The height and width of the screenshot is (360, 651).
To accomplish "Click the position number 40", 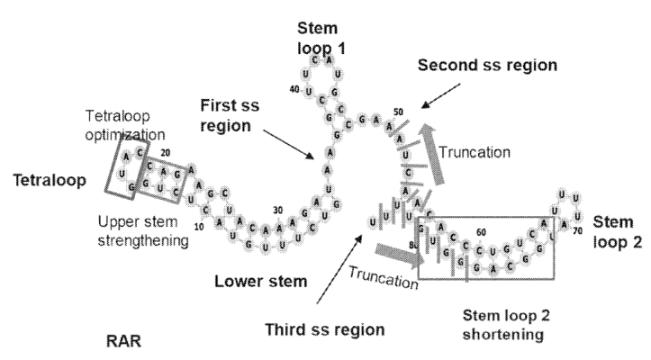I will point(294,89).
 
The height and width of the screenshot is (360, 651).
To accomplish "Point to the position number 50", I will point(398,112).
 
